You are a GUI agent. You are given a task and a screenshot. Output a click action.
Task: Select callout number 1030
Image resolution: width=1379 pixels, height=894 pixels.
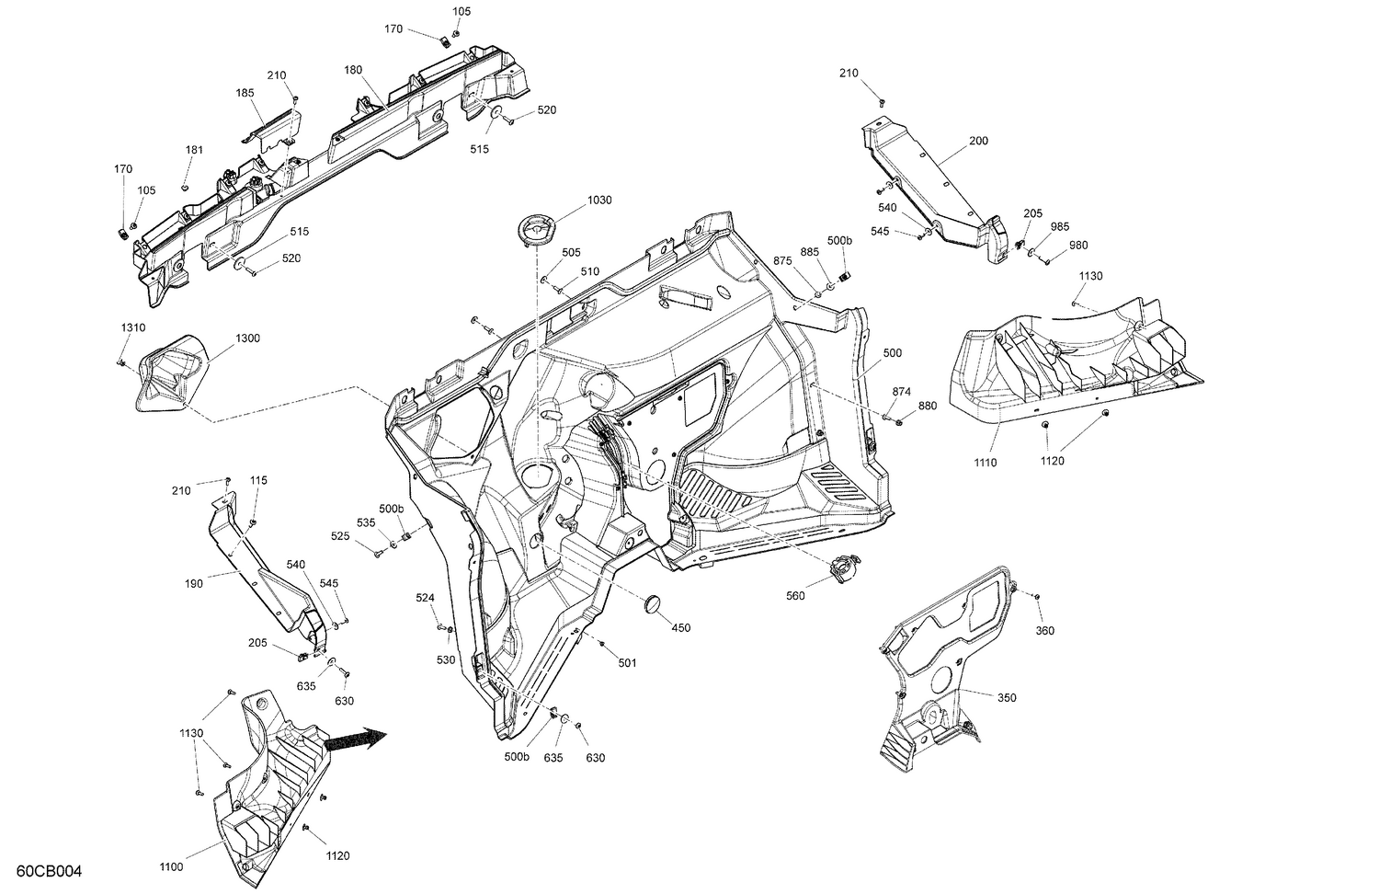pyautogui.click(x=599, y=200)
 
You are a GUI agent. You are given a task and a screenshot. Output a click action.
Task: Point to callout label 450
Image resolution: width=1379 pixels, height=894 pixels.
pyautogui.click(x=680, y=627)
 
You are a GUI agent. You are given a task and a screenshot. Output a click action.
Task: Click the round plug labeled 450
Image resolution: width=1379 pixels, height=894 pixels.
pyautogui.click(x=650, y=604)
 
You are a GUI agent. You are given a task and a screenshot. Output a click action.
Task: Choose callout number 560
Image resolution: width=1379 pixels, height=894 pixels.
pyautogui.click(x=795, y=596)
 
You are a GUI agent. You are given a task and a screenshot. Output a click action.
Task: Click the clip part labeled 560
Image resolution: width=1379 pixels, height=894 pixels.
pyautogui.click(x=843, y=569)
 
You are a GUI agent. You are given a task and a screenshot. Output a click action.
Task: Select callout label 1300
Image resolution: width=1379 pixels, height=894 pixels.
pyautogui.click(x=247, y=338)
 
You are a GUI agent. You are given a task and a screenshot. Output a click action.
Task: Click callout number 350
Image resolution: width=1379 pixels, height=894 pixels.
pyautogui.click(x=1007, y=697)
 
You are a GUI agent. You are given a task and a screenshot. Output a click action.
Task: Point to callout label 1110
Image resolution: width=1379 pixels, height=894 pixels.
pyautogui.click(x=985, y=463)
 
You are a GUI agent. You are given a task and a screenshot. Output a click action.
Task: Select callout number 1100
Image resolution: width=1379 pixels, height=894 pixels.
pyautogui.click(x=171, y=866)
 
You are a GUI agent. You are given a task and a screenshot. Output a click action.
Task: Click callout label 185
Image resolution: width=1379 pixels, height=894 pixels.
pyautogui.click(x=245, y=93)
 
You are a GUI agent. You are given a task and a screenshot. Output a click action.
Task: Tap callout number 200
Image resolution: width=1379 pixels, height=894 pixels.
pyautogui.click(x=978, y=141)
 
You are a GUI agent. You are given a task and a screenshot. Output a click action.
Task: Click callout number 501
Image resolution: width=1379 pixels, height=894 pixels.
pyautogui.click(x=627, y=662)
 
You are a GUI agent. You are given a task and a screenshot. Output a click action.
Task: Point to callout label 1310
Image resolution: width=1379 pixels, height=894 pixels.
pyautogui.click(x=133, y=328)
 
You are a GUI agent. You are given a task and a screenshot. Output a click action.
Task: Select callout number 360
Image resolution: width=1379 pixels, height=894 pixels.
pyautogui.click(x=1044, y=630)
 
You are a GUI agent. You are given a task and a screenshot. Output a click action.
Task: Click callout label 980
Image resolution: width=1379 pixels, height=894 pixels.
pyautogui.click(x=1077, y=246)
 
